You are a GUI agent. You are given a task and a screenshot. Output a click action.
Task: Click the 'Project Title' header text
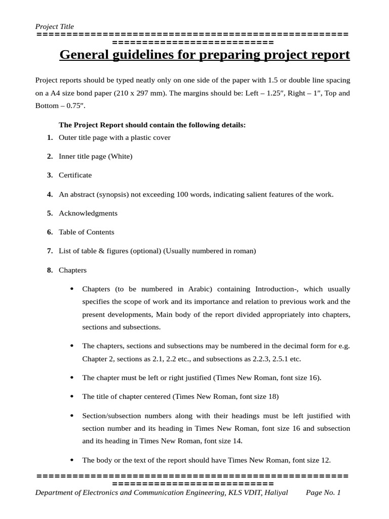pos(54,26)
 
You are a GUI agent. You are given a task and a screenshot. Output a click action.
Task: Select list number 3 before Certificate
pos(50,175)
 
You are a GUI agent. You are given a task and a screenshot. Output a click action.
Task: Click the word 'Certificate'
pos(75,175)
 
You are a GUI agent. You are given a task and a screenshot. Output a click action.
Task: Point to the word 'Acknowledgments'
pos(88,213)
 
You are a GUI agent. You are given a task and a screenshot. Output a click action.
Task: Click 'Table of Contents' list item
pos(87,232)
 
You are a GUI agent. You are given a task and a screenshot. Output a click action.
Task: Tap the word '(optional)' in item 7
pos(144,251)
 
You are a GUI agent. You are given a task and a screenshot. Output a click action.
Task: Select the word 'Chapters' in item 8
pos(72,270)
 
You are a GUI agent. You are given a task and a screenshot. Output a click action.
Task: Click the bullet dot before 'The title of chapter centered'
pos(72,396)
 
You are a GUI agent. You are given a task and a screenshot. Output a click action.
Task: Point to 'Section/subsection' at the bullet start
pos(111,416)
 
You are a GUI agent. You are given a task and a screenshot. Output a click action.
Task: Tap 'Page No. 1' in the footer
pos(324,493)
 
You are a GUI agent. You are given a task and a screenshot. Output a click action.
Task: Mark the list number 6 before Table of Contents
pos(50,232)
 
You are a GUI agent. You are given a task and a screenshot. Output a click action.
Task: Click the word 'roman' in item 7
pos(244,251)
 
